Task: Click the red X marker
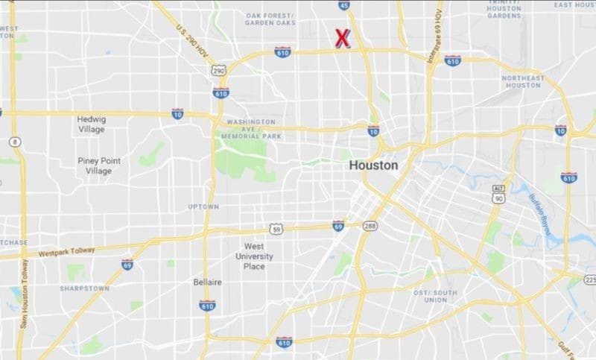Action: tap(343, 38)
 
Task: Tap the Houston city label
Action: tap(373, 165)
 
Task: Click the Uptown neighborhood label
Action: tap(203, 206)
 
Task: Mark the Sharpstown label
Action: tap(84, 288)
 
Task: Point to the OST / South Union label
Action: tap(431, 295)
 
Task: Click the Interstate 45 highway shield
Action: tap(343, 6)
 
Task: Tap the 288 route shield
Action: tap(370, 225)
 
